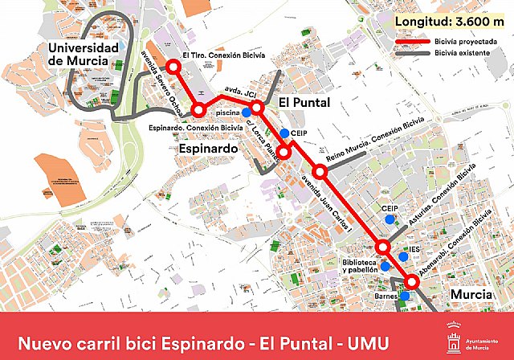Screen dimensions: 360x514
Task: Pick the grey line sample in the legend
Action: (x=413, y=54)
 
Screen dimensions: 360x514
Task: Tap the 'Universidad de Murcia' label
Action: (x=84, y=56)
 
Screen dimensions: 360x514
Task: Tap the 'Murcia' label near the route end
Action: (x=471, y=295)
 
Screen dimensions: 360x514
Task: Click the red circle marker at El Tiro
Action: (x=170, y=68)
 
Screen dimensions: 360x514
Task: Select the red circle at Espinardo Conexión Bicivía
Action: (x=198, y=111)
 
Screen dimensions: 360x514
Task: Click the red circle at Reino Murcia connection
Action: (x=320, y=171)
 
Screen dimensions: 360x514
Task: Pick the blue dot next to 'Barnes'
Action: (x=405, y=296)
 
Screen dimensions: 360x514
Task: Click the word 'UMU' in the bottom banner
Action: (x=369, y=343)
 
